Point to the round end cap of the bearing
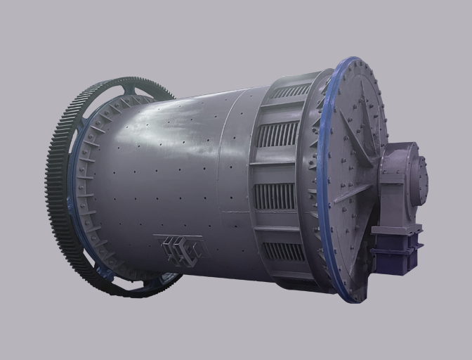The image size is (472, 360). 422,180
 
